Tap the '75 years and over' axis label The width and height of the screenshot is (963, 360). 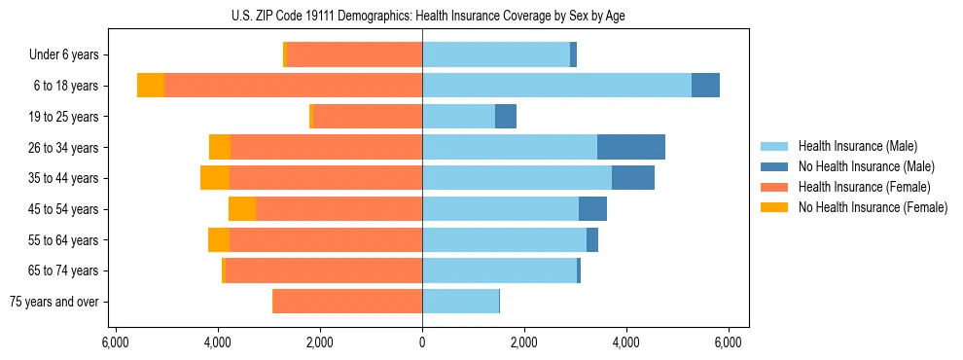(54, 302)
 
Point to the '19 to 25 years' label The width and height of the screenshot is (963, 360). (64, 117)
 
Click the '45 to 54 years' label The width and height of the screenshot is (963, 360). (64, 209)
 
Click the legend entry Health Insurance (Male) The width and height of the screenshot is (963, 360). (856, 146)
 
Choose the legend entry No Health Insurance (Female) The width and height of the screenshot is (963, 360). (873, 207)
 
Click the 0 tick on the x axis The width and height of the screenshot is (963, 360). (422, 342)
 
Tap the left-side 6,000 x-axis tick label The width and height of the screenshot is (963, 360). (116, 342)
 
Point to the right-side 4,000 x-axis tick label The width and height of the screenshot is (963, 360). (626, 342)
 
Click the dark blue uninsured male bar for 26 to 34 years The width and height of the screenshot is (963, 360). (631, 148)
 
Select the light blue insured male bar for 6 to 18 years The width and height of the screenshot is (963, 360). (556, 86)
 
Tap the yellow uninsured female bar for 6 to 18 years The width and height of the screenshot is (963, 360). (151, 86)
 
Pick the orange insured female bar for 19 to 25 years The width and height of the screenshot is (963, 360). (368, 117)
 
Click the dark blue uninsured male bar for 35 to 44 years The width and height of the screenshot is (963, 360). (633, 178)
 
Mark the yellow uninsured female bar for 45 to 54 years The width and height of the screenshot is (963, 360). (242, 209)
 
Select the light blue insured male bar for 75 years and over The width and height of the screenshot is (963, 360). (460, 302)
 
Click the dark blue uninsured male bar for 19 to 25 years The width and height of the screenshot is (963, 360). (506, 117)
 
